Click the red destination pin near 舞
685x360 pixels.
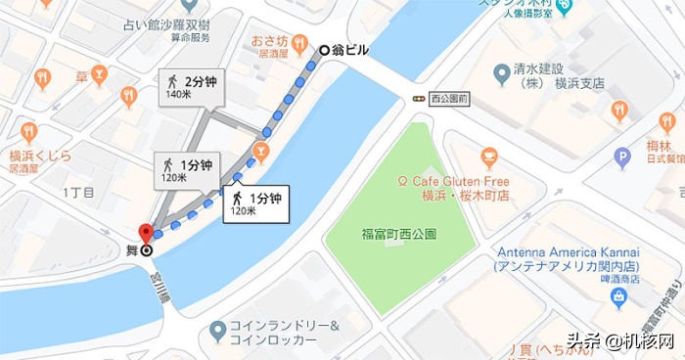click(x=147, y=235)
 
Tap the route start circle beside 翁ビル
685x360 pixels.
click(x=326, y=50)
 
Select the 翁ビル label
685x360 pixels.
click(x=351, y=50)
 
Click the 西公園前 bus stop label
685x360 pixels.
click(x=450, y=99)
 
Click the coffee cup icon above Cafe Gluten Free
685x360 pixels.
click(x=490, y=156)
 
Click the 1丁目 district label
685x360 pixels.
click(x=77, y=192)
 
